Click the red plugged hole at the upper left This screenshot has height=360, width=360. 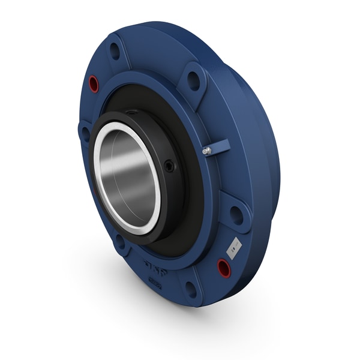(94, 84)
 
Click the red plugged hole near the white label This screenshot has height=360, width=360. (224, 268)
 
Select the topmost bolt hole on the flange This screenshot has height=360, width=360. (115, 50)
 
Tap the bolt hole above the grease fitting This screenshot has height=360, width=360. (194, 79)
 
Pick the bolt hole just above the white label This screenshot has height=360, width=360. (236, 214)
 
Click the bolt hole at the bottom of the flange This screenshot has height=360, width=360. (191, 289)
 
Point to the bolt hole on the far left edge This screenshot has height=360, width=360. (85, 133)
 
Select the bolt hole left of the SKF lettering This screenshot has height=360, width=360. (120, 242)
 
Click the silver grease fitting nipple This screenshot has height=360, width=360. (206, 151)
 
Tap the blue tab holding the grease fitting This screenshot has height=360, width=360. (220, 146)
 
